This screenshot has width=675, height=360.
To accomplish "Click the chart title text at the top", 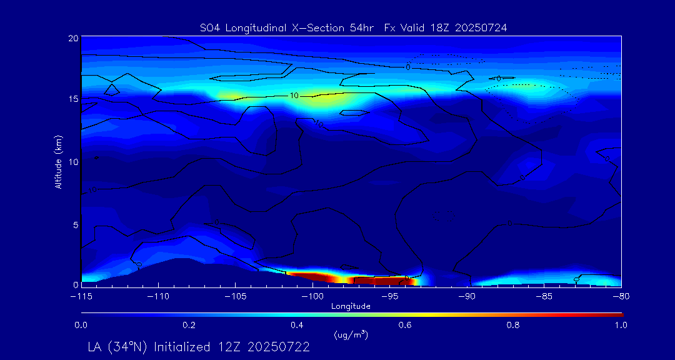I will tap(353, 27).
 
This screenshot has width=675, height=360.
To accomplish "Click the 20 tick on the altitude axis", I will tap(72, 38).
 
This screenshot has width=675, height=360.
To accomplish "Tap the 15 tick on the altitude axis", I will tap(72, 99).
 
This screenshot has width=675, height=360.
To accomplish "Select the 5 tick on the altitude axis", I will tap(75, 224).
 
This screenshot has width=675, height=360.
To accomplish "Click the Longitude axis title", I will tap(351, 306).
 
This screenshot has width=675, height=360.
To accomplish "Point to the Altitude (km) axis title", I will tap(58, 161).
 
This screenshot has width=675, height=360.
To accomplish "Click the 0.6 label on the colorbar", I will tap(405, 325).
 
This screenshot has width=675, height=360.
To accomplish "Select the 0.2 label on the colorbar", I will tap(189, 325).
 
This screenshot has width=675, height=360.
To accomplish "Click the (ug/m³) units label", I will tap(351, 335).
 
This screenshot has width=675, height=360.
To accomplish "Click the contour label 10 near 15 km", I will tap(294, 96).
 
